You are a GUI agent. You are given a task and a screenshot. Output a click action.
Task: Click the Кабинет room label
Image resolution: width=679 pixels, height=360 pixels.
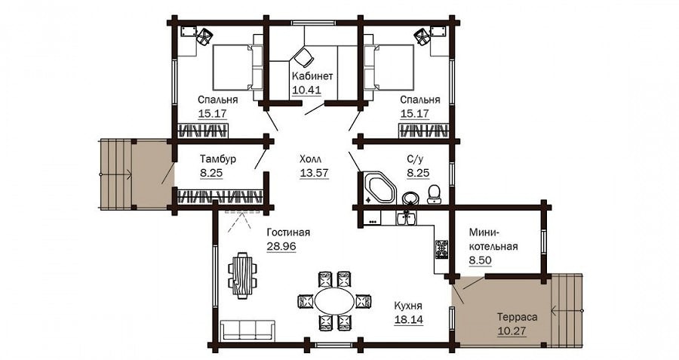point(312,76)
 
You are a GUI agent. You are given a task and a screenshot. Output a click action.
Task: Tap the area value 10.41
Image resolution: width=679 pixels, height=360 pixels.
point(306,90)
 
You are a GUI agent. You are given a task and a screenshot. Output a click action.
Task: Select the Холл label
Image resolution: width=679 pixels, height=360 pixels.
point(311,158)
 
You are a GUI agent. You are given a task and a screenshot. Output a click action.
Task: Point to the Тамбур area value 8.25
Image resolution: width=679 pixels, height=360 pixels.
point(211,174)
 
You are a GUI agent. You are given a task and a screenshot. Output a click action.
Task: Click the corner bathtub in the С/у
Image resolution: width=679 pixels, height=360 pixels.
point(379,188)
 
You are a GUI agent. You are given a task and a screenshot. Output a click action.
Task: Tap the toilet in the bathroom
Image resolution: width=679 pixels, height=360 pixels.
point(434,194)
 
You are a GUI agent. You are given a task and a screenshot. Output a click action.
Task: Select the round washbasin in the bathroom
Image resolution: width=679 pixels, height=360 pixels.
point(410,198)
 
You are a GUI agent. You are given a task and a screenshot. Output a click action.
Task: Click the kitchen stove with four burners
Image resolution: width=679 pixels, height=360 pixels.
point(441,249)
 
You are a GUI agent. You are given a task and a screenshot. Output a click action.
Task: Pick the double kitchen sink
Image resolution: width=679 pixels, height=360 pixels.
point(406,219)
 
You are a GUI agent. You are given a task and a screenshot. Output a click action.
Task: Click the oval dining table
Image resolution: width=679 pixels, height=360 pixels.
point(334,300)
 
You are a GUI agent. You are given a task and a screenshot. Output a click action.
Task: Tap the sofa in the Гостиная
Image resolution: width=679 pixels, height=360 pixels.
point(247,330)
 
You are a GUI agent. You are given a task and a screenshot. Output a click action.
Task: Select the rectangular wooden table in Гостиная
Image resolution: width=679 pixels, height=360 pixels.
point(242,275)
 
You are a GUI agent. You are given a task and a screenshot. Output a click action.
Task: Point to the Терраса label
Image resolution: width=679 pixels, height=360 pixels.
point(517,317)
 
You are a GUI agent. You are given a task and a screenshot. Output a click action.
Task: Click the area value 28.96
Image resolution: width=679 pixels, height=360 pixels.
point(281,247)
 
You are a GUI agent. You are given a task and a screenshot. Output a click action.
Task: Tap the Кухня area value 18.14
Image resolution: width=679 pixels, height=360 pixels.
point(409,320)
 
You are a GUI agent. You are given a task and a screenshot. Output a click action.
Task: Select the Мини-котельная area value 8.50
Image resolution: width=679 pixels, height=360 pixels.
point(481,260)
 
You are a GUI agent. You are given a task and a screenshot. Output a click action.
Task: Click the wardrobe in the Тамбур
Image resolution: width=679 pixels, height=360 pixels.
point(220,197)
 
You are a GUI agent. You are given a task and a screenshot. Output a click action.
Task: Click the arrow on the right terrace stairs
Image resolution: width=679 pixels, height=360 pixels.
point(567,310)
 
